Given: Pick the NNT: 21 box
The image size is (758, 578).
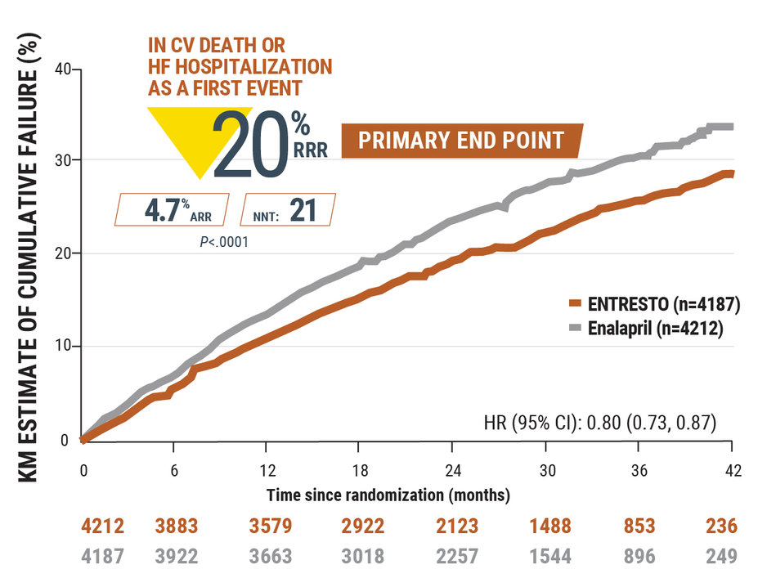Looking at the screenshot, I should click(x=289, y=209).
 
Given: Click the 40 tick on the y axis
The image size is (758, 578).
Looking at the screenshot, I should click(x=61, y=69).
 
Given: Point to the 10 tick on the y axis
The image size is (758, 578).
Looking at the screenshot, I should click(x=61, y=347).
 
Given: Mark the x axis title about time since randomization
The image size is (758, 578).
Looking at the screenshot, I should click(x=388, y=495).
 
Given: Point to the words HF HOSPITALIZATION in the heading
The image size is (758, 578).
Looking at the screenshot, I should click(x=240, y=67).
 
